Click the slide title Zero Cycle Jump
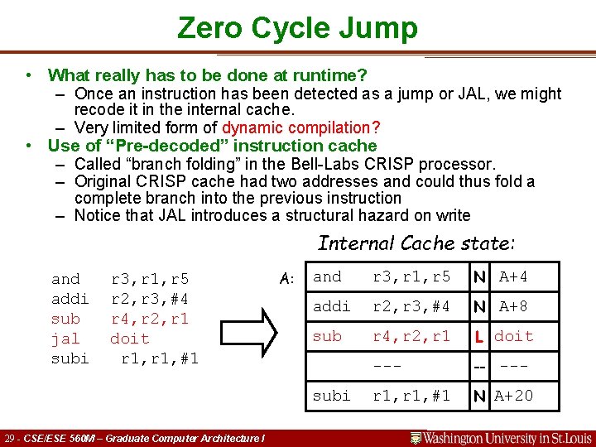(x=297, y=28)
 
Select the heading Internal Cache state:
(x=416, y=243)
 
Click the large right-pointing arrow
(x=249, y=318)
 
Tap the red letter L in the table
(x=479, y=336)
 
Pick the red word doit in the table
(x=514, y=336)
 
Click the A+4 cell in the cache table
(x=513, y=276)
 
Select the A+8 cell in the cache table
(x=513, y=306)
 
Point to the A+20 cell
(x=514, y=396)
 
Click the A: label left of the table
(x=287, y=279)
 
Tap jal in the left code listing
(x=65, y=339)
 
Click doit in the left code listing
(x=130, y=339)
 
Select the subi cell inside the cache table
(x=331, y=396)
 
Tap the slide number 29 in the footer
(x=10, y=438)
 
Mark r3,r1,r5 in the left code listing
(x=150, y=279)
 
